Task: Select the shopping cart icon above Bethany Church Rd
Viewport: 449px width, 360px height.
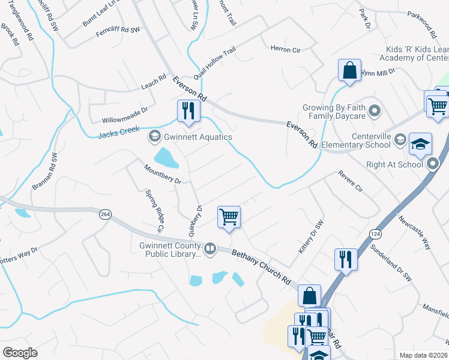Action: tap(229, 217)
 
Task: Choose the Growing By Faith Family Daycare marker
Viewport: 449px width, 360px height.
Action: tap(375, 111)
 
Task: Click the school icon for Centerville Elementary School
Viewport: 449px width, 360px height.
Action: tap(400, 141)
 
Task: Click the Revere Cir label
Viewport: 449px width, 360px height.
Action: tap(351, 181)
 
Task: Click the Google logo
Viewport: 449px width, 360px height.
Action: tap(20, 352)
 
